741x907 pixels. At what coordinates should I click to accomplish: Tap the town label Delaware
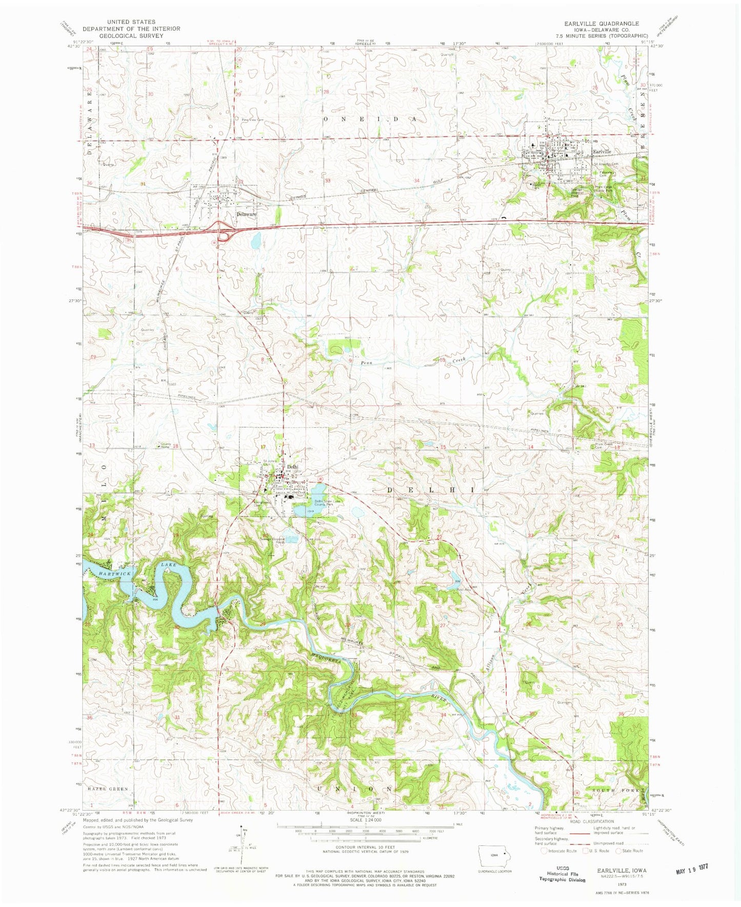point(246,214)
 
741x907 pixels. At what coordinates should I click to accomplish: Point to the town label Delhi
point(292,467)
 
